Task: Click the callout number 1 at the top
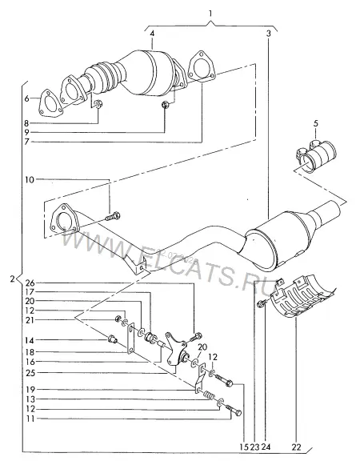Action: pos(210,14)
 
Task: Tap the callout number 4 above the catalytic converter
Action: pos(152,34)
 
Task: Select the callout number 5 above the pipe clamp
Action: pos(315,123)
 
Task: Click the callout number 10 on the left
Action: pos(30,179)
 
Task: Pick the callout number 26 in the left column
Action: pos(30,283)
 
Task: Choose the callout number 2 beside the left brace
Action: pos(12,279)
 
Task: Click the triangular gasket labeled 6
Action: pos(50,103)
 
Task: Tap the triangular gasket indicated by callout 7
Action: pos(201,68)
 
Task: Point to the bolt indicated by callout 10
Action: pos(113,216)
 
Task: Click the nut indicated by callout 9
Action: pos(166,105)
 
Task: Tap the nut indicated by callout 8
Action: pos(98,104)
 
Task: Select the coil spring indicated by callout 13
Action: pos(210,395)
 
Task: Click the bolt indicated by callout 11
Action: pos(233,410)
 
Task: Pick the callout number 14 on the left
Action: pos(30,340)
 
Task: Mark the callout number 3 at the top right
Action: pos(269,34)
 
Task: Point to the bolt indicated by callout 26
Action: pos(195,337)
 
